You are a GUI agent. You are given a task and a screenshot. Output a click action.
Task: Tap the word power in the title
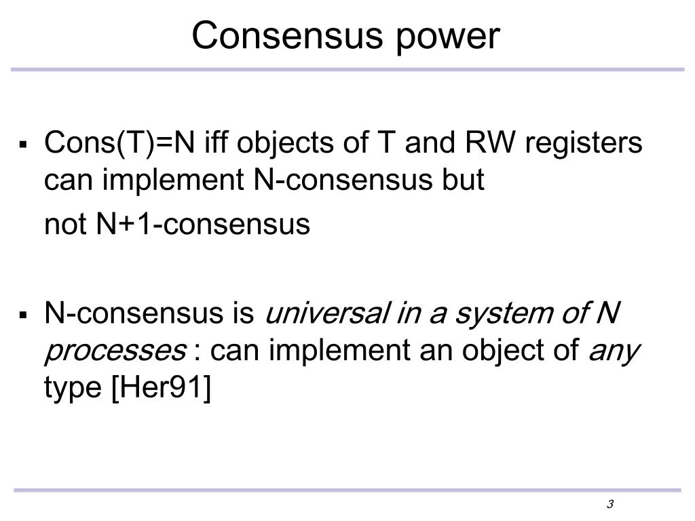pos(444,38)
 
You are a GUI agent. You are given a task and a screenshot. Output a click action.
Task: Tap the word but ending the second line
pos(464,180)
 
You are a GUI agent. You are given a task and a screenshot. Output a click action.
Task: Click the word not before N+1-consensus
pos(65,225)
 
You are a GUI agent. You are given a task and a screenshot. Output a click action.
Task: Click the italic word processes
pos(115,352)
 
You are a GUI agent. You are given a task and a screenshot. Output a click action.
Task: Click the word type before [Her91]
pos(72,390)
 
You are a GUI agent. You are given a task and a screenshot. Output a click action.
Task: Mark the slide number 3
pos(610,504)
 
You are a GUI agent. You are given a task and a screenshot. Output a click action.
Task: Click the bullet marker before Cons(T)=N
pos(24,144)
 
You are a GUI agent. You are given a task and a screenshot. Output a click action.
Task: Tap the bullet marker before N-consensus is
pos(24,315)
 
